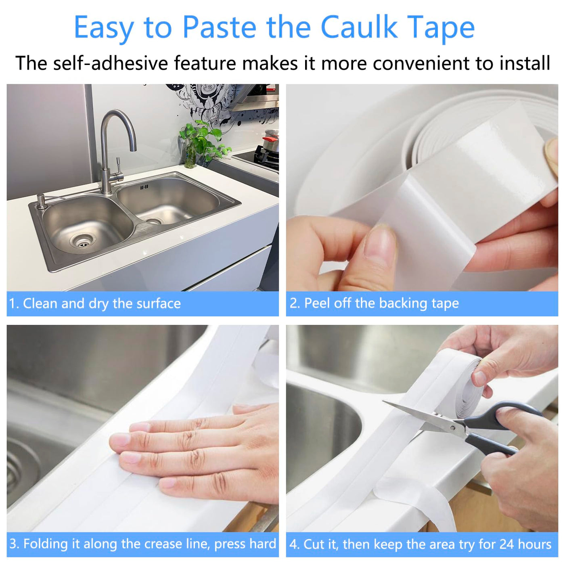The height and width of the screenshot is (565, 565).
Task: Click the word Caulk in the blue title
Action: pyautogui.click(x=359, y=27)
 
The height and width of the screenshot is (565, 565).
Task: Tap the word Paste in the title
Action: pyautogui.click(x=220, y=27)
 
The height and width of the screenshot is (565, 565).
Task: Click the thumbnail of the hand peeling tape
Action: pyautogui.click(x=422, y=188)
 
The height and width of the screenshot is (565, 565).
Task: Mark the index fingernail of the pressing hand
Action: pyautogui.click(x=121, y=439)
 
